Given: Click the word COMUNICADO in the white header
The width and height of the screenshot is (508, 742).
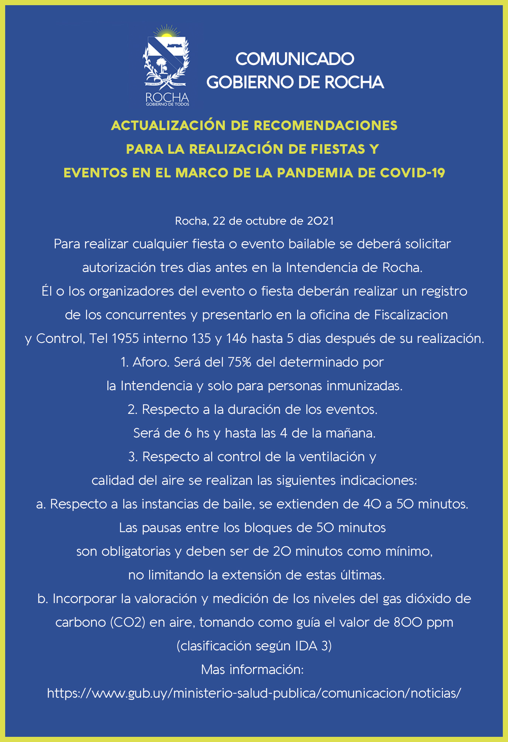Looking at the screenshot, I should (295, 59).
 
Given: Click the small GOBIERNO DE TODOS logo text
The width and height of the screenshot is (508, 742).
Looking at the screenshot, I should (167, 105).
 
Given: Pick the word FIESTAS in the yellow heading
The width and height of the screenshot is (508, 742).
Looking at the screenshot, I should (336, 149).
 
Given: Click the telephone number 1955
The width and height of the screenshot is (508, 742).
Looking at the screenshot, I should (125, 338).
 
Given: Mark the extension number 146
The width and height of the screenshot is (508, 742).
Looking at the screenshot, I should (236, 338).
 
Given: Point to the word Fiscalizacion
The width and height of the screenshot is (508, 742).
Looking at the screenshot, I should (411, 315).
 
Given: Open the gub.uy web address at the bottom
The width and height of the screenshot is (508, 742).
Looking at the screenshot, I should (254, 693).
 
